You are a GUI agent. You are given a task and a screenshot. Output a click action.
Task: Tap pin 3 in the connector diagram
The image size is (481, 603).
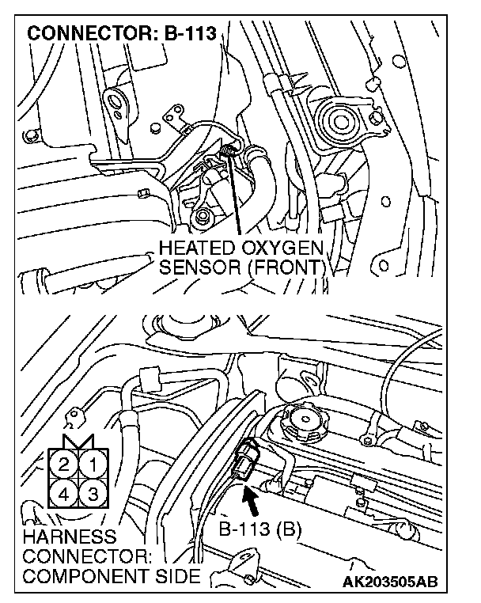point(93,494)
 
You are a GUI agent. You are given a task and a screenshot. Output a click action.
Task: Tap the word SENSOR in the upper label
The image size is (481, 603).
point(198,267)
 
